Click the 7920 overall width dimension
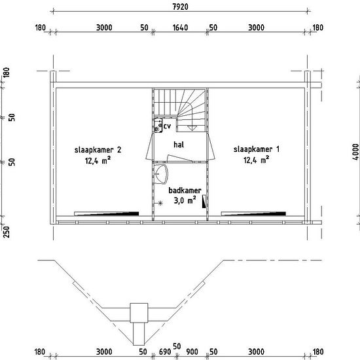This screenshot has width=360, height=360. tap(180, 7)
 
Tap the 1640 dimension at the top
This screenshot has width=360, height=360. tap(180, 27)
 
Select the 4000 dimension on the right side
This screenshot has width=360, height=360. tap(355, 152)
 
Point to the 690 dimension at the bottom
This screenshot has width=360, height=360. tap(165, 351)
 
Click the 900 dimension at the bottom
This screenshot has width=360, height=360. tap(192, 351)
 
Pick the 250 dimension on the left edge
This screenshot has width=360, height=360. tap(7, 232)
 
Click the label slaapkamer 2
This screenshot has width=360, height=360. tap(98, 150)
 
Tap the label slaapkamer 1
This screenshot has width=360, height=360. tap(257, 149)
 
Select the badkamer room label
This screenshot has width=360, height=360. tap(185, 190)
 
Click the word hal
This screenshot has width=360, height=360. tap(179, 145)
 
